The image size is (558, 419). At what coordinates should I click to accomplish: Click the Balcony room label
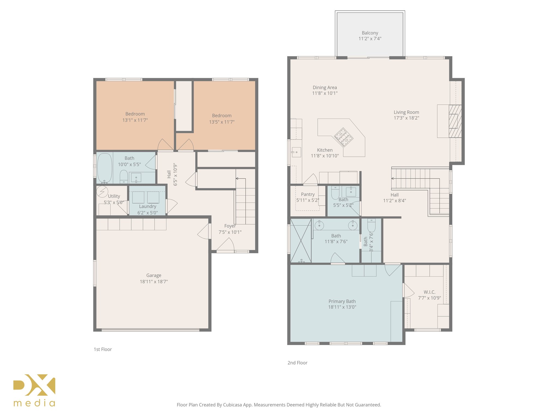(x=370, y=33)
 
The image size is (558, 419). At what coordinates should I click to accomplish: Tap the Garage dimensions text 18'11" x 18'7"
(x=154, y=282)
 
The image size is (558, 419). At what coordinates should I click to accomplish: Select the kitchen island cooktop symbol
(x=344, y=137)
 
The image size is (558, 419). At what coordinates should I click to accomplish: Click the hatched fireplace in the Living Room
(x=455, y=121)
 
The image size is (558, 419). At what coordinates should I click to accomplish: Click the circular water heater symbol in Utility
(x=102, y=191)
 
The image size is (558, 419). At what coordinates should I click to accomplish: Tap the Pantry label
(x=308, y=194)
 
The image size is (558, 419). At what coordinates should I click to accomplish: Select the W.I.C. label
(x=429, y=292)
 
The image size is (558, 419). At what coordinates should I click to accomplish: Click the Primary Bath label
(x=342, y=301)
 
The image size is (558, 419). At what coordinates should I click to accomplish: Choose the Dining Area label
(x=325, y=87)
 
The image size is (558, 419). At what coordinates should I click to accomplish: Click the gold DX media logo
(x=34, y=390)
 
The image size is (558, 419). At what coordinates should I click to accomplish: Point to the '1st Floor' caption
(x=103, y=349)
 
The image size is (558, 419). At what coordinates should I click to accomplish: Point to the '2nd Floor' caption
(x=297, y=363)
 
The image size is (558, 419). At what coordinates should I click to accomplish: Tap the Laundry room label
(x=147, y=206)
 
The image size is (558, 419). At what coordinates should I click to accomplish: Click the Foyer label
(x=230, y=226)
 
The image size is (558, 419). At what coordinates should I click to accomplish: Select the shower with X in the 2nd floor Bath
(x=301, y=240)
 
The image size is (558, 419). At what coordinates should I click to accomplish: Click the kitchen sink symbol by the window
(x=296, y=152)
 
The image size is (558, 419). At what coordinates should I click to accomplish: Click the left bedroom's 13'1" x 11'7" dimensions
(x=135, y=120)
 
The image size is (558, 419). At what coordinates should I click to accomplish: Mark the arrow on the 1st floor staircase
(x=237, y=178)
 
